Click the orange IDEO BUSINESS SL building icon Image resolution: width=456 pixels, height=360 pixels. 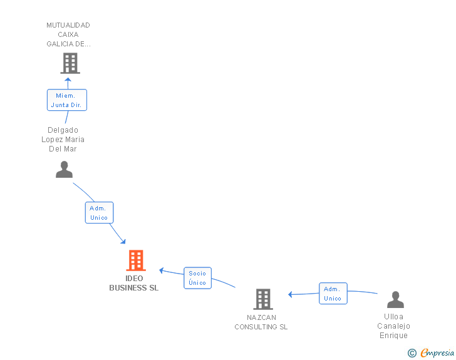[135, 260]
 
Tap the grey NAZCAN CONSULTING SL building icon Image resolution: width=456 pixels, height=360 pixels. [263, 299]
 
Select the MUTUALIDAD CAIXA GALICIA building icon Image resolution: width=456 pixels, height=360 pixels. [70, 63]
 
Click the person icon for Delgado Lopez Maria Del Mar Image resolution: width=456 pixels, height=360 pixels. [64, 170]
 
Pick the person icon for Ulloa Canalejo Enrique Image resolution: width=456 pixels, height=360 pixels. [395, 300]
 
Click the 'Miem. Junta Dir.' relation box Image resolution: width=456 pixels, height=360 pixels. [66, 100]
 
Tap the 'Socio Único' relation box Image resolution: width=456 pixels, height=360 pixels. [197, 278]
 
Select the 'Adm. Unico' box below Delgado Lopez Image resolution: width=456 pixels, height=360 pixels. [99, 213]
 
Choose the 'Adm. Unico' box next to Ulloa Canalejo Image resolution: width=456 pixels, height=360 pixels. [333, 294]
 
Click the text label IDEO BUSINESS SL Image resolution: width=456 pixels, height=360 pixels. [134, 284]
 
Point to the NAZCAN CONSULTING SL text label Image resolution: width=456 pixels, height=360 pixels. [261, 322]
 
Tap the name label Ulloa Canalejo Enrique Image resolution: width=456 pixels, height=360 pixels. [393, 326]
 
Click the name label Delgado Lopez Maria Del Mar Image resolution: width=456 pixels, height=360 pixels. [66, 140]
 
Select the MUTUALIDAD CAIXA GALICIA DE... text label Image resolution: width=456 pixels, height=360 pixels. [68, 34]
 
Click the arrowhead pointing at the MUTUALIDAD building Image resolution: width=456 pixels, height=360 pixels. [69, 80]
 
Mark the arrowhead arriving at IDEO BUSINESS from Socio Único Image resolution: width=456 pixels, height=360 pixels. [162, 270]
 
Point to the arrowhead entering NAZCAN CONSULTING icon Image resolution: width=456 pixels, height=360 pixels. [290, 294]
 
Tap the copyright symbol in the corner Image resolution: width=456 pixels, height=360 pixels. [412, 353]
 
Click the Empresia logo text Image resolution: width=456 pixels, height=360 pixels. [437, 353]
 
